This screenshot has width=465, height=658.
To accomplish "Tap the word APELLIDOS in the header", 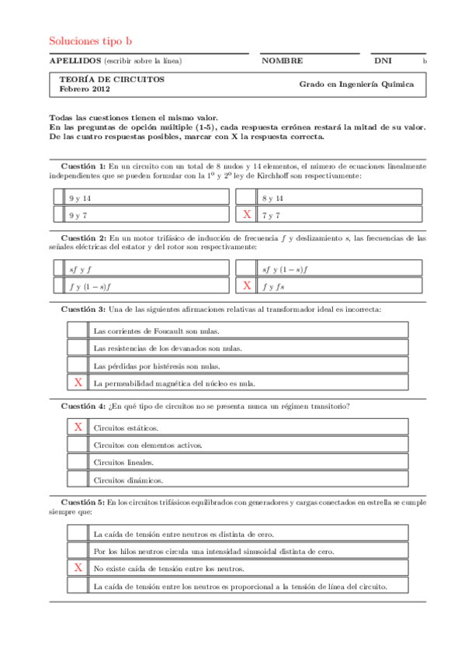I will pyautogui.click(x=75, y=61).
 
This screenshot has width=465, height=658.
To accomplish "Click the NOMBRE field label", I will pyautogui.click(x=282, y=61).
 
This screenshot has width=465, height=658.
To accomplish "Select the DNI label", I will pyautogui.click(x=383, y=61).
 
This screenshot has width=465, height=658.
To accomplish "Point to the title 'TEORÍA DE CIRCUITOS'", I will pyautogui.click(x=111, y=79).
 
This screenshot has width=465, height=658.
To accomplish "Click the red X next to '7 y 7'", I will pyautogui.click(x=247, y=214).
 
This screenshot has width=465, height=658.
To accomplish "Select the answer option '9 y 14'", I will pyautogui.click(x=80, y=198).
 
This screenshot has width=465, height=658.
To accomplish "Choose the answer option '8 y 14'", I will pyautogui.click(x=272, y=198).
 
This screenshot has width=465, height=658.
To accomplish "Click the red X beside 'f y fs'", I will pyautogui.click(x=247, y=286).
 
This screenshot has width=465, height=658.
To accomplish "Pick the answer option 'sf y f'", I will pyautogui.click(x=80, y=269).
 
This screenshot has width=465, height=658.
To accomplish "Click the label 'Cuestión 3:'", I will pyautogui.click(x=83, y=310).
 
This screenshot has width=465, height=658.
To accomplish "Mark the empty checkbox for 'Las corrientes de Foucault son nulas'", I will pyautogui.click(x=78, y=331).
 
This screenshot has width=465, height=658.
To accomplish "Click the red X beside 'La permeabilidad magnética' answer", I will pyautogui.click(x=78, y=383).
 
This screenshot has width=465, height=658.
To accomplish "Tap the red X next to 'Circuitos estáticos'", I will pyautogui.click(x=78, y=427).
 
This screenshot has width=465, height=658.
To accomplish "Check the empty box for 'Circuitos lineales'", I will pyautogui.click(x=78, y=462).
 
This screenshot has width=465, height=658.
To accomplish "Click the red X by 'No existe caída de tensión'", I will pyautogui.click(x=78, y=568).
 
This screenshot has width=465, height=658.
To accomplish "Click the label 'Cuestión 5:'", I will pyautogui.click(x=83, y=503).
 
